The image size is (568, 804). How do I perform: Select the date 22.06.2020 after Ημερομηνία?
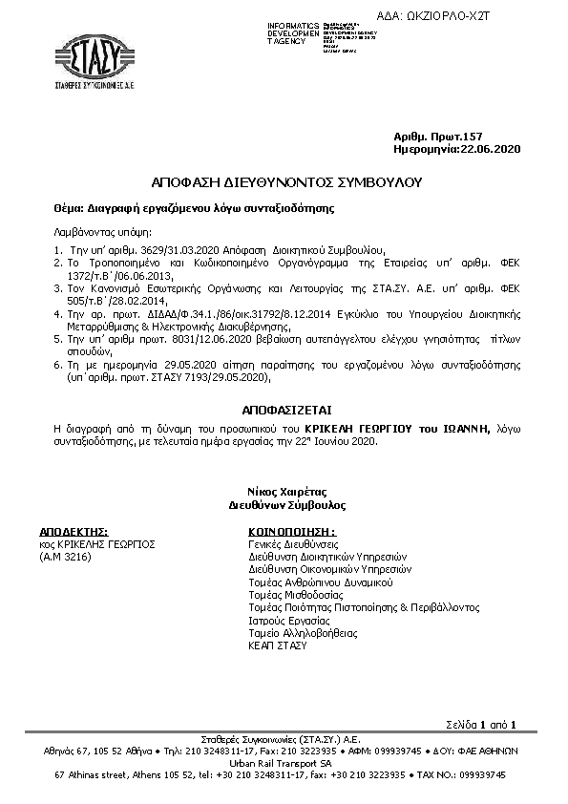click(490, 151)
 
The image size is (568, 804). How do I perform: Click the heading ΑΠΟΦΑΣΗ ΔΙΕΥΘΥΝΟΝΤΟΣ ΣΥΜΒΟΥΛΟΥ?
click(285, 181)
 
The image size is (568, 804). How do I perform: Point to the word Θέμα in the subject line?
click(68, 206)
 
